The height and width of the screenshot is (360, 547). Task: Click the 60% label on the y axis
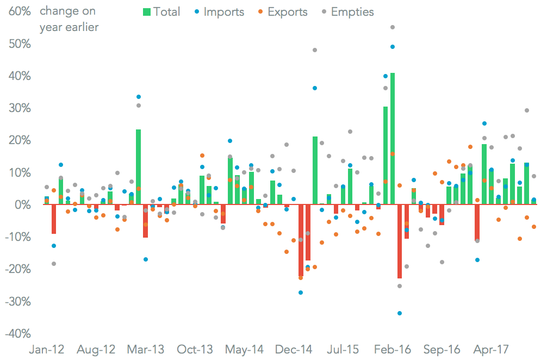click(x=17, y=11)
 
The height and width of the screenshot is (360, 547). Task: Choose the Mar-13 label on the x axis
click(x=145, y=349)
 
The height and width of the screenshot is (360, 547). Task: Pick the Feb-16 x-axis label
click(x=393, y=349)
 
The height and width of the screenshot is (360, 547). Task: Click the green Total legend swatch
click(x=146, y=11)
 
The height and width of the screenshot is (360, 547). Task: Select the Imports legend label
click(x=224, y=11)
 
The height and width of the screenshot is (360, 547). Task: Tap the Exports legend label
click(x=288, y=11)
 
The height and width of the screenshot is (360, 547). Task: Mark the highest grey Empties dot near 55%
click(x=393, y=27)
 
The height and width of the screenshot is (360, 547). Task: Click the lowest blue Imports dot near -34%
click(x=400, y=313)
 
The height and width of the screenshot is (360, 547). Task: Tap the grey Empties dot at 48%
click(x=315, y=50)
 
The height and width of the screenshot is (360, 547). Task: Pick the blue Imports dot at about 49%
click(x=393, y=47)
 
